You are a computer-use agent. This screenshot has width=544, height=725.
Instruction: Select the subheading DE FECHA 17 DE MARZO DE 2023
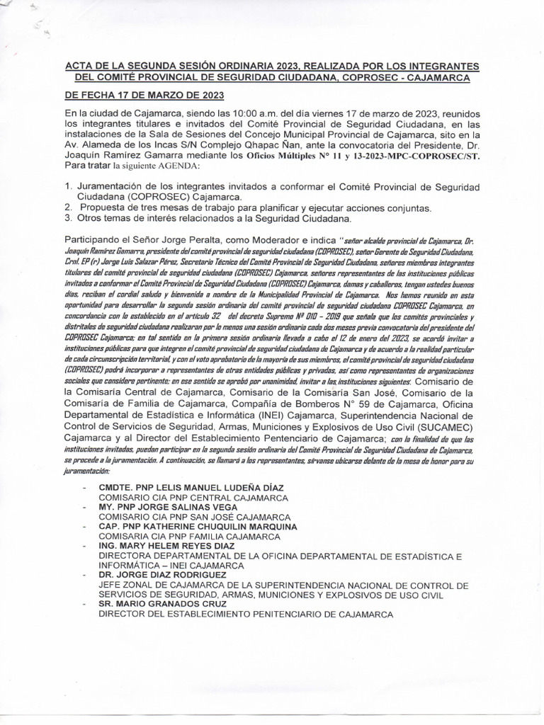[x=144, y=95]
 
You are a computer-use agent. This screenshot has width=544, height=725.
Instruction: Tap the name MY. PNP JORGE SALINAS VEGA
[x=168, y=508]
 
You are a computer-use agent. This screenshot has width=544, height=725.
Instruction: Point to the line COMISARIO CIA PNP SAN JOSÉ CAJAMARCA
[x=193, y=518]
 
